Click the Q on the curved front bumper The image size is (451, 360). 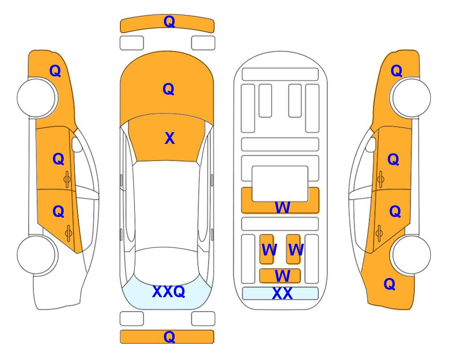[x=169, y=22]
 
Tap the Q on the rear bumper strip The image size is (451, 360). [x=169, y=337]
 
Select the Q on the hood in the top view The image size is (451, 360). [x=169, y=89]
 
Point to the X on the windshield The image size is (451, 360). [x=170, y=138]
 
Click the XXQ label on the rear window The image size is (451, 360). [x=169, y=292]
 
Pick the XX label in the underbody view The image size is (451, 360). [x=282, y=293]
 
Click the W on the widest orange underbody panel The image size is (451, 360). [x=282, y=207]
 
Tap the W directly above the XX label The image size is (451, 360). [x=282, y=276]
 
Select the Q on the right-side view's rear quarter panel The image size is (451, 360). [x=390, y=284]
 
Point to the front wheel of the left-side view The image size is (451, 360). [x=37, y=97]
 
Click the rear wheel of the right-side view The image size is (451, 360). [x=411, y=255]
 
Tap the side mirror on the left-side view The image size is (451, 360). [x=77, y=144]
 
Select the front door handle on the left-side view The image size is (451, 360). [x=67, y=180]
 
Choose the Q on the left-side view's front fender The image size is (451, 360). [x=55, y=71]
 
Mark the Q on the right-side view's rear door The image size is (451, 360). [x=395, y=212]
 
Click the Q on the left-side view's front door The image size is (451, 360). [x=59, y=159]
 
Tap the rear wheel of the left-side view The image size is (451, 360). [x=37, y=255]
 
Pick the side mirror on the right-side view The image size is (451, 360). [x=371, y=144]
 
